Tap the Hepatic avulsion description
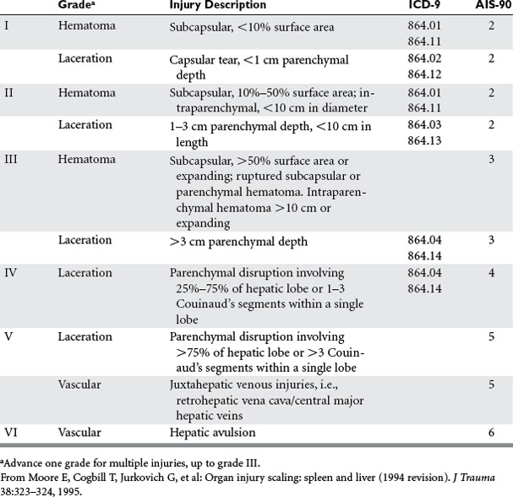click(210, 432)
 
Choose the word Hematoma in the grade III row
click(85, 161)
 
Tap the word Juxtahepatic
click(203, 385)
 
